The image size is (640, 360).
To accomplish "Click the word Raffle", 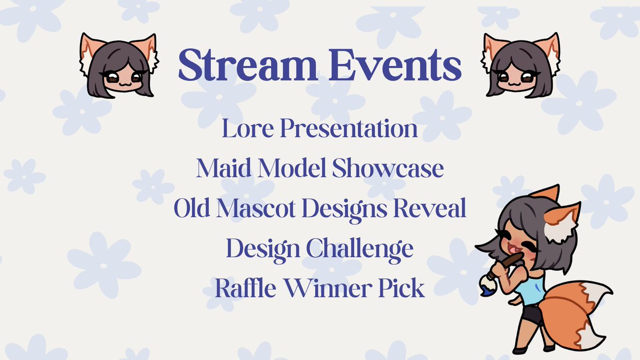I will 242,289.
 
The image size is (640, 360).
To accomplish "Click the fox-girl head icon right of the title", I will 521,65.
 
